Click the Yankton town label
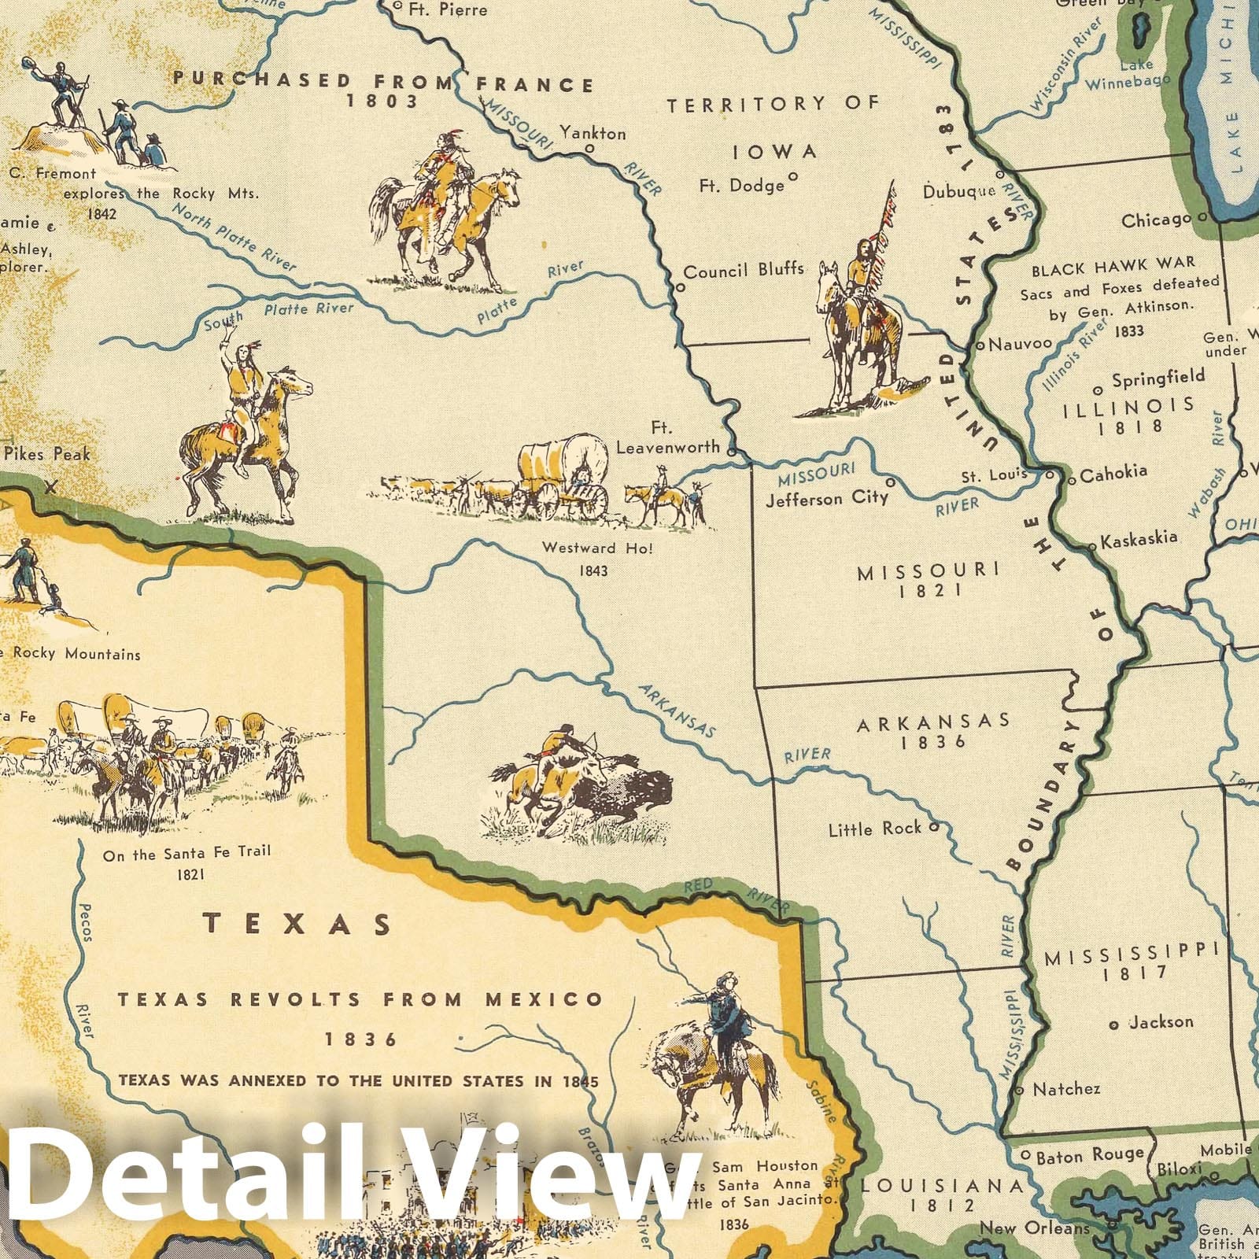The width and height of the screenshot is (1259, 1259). tap(593, 133)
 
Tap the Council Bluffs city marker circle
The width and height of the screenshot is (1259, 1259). tap(680, 288)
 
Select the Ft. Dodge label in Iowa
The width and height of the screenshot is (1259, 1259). tap(742, 186)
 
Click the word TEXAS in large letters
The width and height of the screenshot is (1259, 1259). tap(298, 924)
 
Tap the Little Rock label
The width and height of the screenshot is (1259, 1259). tap(874, 829)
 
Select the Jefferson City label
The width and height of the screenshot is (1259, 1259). tap(826, 499)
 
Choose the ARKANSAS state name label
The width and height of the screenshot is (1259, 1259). tap(933, 722)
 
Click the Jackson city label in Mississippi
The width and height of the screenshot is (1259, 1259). tap(1161, 1022)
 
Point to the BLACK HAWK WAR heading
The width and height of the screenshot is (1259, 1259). tap(1113, 268)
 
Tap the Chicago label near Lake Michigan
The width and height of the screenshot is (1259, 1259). tap(1156, 221)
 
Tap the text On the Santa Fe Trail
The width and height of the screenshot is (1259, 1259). tap(186, 852)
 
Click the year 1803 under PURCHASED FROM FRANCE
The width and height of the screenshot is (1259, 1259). tap(381, 101)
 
